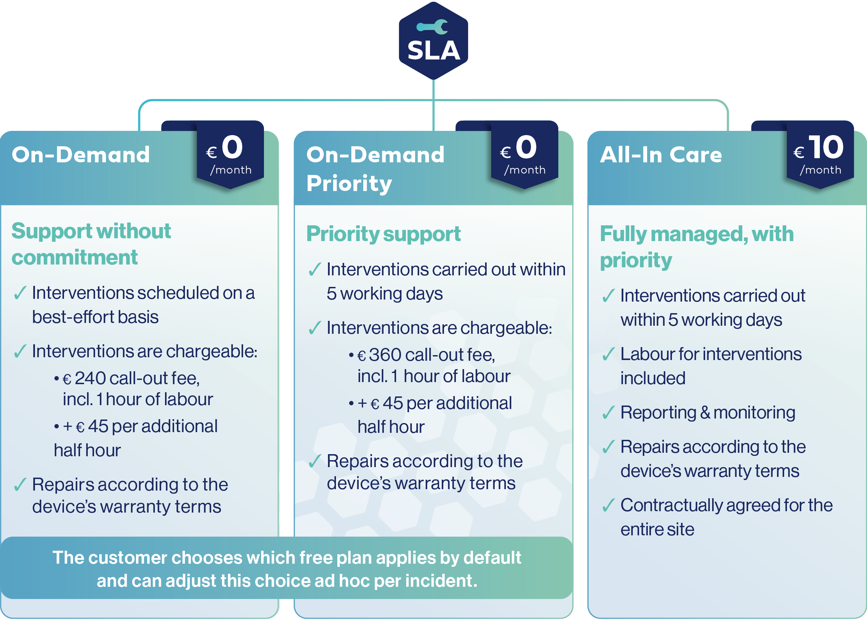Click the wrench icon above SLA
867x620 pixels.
click(x=432, y=27)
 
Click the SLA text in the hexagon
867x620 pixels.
click(x=434, y=50)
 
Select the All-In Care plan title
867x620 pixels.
click(x=661, y=155)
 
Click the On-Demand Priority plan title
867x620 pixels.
click(x=375, y=169)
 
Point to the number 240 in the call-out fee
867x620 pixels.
click(x=90, y=378)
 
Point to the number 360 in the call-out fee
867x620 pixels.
click(x=385, y=355)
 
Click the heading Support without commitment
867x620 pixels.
click(x=91, y=244)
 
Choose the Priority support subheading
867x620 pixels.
click(x=384, y=234)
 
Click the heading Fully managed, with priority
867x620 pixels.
click(x=697, y=247)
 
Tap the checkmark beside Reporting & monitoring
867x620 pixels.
click(x=608, y=412)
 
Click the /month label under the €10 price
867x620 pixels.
click(x=821, y=170)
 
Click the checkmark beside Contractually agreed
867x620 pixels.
click(x=608, y=505)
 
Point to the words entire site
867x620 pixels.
click(x=657, y=529)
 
